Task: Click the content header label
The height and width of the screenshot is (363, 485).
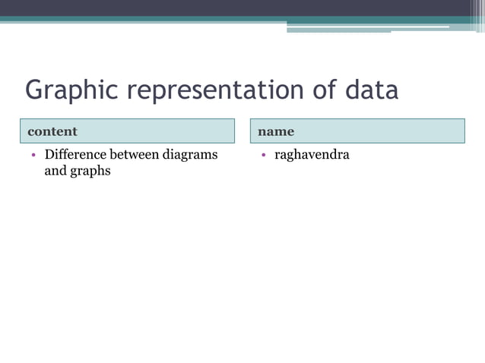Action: [52, 131]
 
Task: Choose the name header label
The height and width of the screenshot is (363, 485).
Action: [276, 131]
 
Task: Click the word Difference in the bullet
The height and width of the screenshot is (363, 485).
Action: [75, 155]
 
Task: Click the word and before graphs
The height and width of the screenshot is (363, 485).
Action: [55, 171]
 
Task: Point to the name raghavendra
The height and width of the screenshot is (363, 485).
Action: [312, 156]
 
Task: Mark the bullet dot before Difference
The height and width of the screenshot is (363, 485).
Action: [33, 156]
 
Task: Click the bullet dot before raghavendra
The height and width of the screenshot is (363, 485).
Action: [262, 156]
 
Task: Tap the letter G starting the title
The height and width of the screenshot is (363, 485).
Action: [34, 90]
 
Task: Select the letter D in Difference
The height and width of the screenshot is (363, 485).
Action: [49, 155]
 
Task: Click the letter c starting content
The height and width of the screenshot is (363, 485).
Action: [31, 131]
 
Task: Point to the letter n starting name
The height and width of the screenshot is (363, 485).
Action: [262, 131]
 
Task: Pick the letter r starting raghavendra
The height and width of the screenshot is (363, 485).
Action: [277, 156]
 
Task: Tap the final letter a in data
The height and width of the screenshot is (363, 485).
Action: [390, 91]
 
